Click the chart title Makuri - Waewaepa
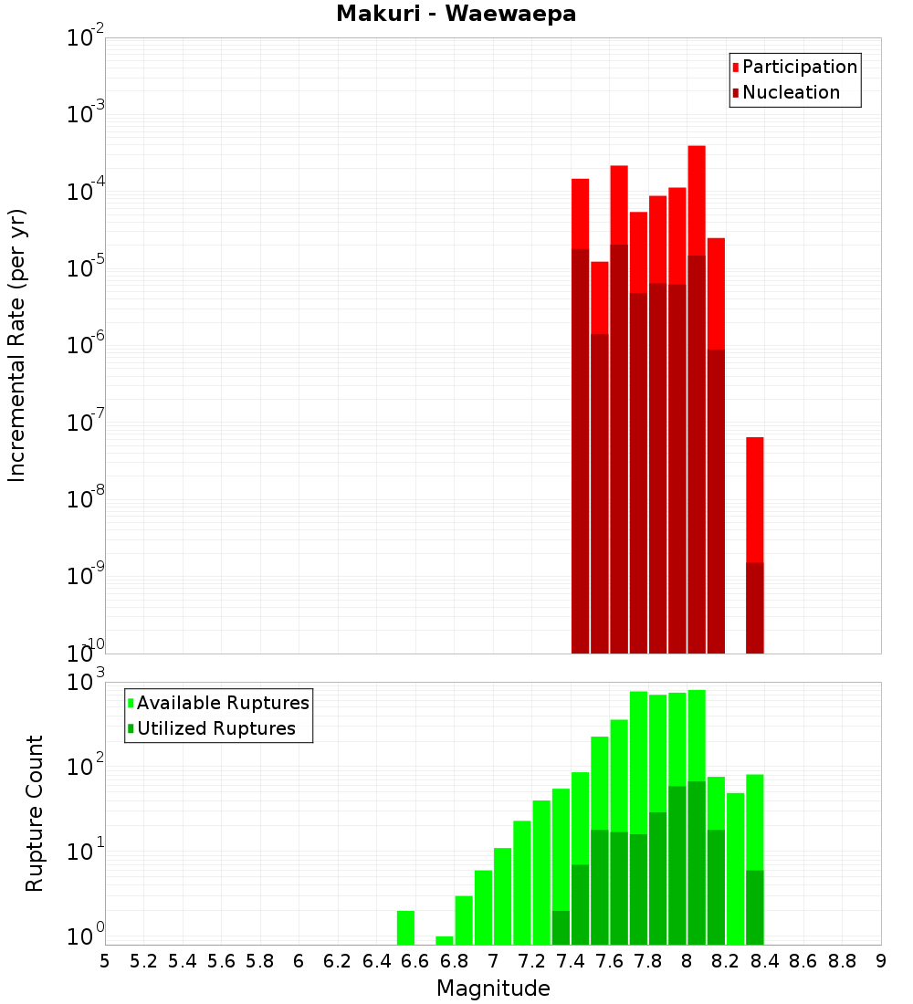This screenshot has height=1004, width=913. click(x=456, y=15)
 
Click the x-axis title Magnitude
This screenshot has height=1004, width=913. click(x=493, y=988)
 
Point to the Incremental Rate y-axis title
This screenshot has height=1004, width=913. click(x=17, y=345)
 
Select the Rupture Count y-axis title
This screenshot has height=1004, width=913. click(x=35, y=812)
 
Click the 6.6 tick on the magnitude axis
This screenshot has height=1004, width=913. click(x=415, y=961)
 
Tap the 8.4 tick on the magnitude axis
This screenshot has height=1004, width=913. click(x=764, y=961)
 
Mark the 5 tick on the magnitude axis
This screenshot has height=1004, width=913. click(x=105, y=961)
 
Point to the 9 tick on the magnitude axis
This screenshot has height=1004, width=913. click(x=881, y=961)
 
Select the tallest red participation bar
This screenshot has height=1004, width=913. click(x=697, y=201)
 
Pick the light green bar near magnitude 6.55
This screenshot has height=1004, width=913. click(x=405, y=927)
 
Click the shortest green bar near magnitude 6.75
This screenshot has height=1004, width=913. click(x=445, y=940)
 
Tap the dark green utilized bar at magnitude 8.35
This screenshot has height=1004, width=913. click(x=754, y=907)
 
